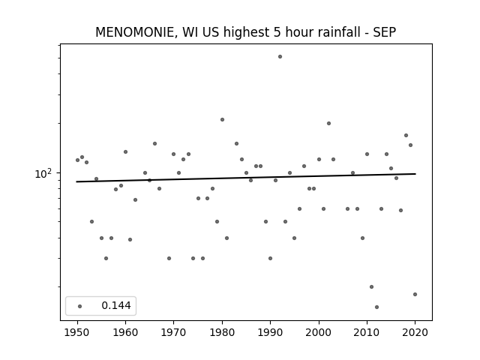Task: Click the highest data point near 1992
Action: click(x=280, y=57)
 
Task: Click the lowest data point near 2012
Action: click(x=376, y=307)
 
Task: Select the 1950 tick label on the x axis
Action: click(x=77, y=332)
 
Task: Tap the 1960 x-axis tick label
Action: click(x=125, y=332)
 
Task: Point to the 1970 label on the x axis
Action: click(x=173, y=332)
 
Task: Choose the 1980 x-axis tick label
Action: click(x=222, y=332)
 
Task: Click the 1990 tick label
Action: click(x=270, y=332)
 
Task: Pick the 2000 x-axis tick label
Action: click(x=319, y=332)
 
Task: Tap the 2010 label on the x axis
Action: click(x=367, y=332)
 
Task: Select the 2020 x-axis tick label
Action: click(x=415, y=332)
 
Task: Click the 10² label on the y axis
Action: click(x=43, y=174)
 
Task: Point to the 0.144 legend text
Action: click(x=116, y=305)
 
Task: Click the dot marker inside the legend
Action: click(x=80, y=306)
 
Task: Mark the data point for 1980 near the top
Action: click(x=222, y=120)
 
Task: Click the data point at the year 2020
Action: click(x=415, y=295)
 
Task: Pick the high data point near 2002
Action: click(x=328, y=123)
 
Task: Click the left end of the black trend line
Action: click(x=76, y=181)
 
